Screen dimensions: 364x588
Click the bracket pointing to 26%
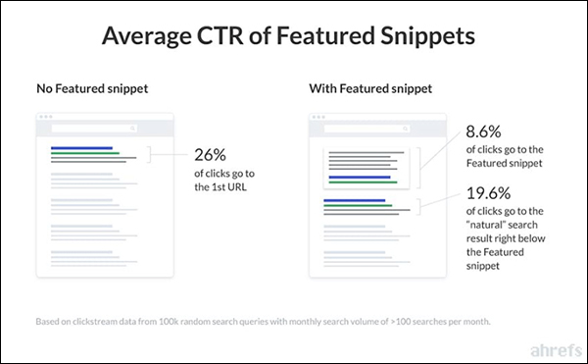pyautogui.click(x=152, y=154)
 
